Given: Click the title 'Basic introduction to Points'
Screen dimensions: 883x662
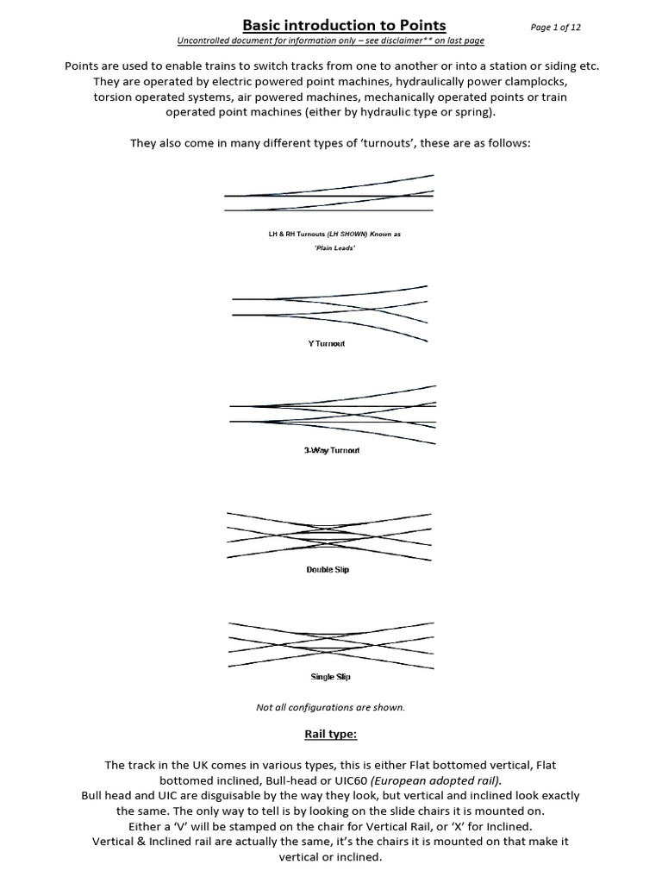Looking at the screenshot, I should (331, 26).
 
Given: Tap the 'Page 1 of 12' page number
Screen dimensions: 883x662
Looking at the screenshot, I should (556, 28).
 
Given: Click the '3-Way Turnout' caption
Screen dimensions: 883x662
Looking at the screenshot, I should (331, 451).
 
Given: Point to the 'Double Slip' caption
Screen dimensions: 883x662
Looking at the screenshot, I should (328, 570).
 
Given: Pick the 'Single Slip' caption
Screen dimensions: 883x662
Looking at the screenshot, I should (330, 677).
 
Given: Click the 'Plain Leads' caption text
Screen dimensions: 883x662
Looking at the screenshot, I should (330, 248).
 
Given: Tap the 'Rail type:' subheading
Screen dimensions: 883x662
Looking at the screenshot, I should (331, 734).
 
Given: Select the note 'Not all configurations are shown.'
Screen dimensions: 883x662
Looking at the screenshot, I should (331, 707).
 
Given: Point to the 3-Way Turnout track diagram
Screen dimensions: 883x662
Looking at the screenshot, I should (332, 414).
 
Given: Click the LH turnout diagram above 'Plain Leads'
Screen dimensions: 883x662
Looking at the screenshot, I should (329, 197).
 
